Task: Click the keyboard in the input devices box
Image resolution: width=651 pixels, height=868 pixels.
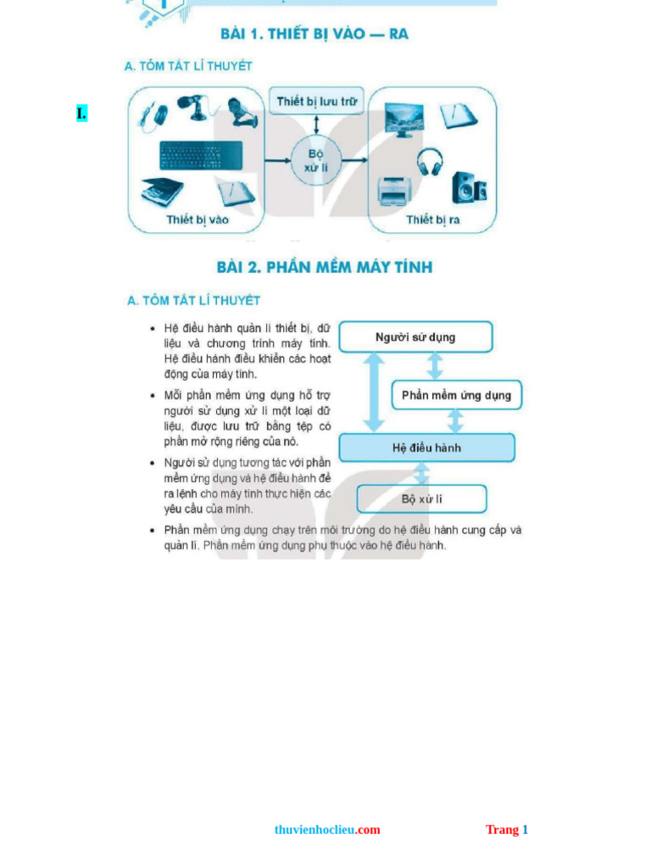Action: pyautogui.click(x=201, y=155)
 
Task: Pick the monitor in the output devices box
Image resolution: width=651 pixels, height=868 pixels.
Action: pyautogui.click(x=403, y=120)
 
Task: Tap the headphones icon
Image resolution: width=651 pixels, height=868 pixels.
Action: pyautogui.click(x=430, y=161)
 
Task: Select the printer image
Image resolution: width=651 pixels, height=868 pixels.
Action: pyautogui.click(x=394, y=192)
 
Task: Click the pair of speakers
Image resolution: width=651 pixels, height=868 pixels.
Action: pyautogui.click(x=468, y=187)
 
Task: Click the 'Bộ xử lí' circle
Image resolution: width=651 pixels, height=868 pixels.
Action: pyautogui.click(x=316, y=160)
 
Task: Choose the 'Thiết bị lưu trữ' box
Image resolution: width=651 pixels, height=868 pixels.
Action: pyautogui.click(x=316, y=102)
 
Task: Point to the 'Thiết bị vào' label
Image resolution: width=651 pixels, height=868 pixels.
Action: pyautogui.click(x=198, y=220)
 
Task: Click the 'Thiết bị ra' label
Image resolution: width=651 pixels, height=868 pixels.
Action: pyautogui.click(x=432, y=220)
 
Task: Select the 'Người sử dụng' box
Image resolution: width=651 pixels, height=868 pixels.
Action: pyautogui.click(x=415, y=337)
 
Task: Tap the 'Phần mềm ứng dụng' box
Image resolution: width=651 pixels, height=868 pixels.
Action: pyautogui.click(x=456, y=395)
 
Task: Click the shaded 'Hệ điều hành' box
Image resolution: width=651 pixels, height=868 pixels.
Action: pyautogui.click(x=426, y=448)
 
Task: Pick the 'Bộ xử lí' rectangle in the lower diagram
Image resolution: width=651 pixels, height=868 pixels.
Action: pyautogui.click(x=421, y=499)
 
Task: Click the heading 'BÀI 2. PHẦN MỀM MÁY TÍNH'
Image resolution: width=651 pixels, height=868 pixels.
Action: pyautogui.click(x=325, y=267)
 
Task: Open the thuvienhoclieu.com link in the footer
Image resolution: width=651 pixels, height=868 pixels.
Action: pyautogui.click(x=327, y=830)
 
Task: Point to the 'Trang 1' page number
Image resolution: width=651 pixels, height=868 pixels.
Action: pyautogui.click(x=507, y=830)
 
